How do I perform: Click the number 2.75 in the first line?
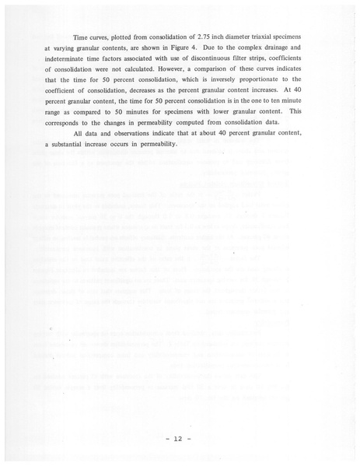(207, 38)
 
